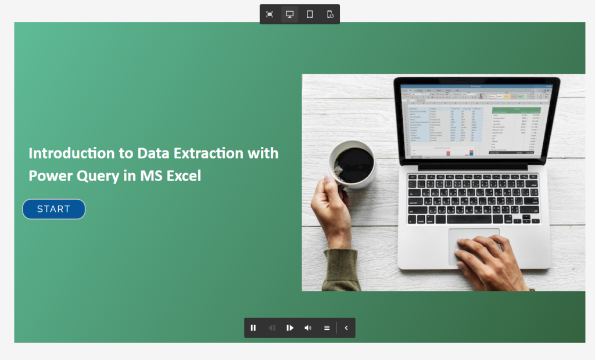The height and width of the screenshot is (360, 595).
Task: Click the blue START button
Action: pos(54,209)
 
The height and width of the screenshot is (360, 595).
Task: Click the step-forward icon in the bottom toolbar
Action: pos(289,328)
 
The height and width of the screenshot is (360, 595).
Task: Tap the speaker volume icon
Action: pos(308,328)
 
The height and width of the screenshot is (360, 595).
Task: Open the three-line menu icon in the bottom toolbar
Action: pos(327,328)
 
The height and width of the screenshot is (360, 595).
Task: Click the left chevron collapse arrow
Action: pos(346,328)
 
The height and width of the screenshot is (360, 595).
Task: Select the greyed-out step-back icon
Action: pos(271,328)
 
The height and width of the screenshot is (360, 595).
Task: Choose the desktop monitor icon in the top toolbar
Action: pos(289,14)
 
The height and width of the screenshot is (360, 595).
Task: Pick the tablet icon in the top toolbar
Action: pos(310,14)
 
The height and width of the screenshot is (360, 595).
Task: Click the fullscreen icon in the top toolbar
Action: pos(270,14)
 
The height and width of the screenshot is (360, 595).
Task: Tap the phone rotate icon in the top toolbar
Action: pos(329,14)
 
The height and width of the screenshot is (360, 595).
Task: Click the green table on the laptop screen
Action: pos(516,129)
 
